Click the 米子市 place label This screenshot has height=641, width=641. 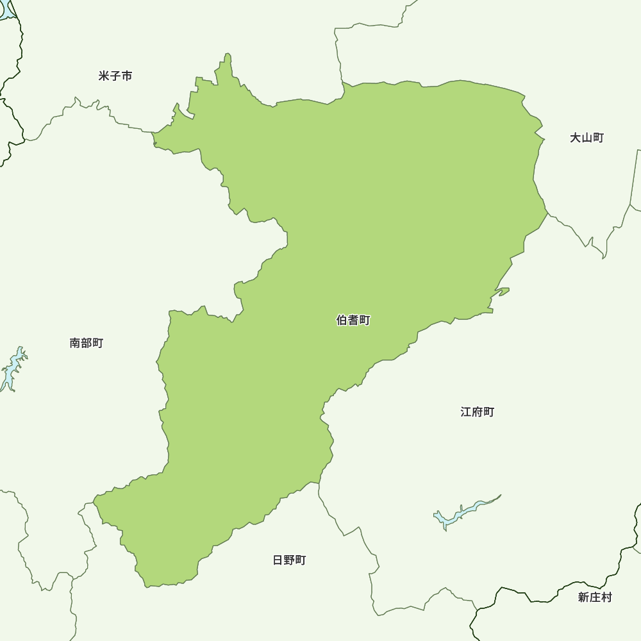click(115, 76)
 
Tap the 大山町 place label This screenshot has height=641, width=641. click(587, 138)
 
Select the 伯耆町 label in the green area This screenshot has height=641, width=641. click(353, 320)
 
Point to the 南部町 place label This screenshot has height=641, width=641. click(86, 344)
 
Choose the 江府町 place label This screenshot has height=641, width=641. click(478, 412)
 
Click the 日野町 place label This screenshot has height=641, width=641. click(289, 560)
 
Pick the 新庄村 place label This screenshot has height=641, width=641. click(595, 597)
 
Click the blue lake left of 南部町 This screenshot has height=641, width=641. click(13, 369)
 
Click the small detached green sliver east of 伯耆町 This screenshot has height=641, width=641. click(501, 293)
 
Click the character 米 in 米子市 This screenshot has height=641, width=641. click(104, 76)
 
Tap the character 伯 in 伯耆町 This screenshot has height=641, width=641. click(342, 320)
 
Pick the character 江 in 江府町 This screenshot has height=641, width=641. click(466, 412)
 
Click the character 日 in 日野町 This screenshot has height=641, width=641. click(278, 560)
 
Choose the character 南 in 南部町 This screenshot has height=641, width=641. click(75, 344)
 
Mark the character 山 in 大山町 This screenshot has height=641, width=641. click(587, 138)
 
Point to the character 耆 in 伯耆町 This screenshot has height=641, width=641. click(353, 320)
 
